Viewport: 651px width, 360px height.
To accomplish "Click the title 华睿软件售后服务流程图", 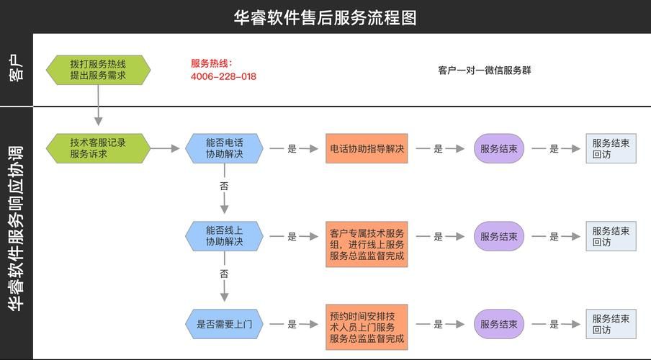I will (325, 17).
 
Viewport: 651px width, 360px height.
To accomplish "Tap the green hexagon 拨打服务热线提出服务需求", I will (98, 70).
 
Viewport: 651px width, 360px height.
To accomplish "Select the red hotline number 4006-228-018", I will (223, 76).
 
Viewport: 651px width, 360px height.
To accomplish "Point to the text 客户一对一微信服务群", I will (485, 71).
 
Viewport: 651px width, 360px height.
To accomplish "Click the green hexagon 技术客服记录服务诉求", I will (98, 148).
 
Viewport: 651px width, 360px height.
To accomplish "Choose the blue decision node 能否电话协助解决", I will (224, 148).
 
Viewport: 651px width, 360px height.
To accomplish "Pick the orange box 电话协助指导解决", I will (367, 148).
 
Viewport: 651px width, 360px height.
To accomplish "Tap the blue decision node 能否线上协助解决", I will (224, 236).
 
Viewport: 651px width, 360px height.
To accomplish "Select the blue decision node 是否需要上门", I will (224, 324).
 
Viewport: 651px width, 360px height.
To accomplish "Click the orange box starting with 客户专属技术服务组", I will (367, 244).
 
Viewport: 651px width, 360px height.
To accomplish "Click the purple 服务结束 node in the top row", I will (499, 148).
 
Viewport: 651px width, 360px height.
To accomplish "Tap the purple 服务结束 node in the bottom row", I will (499, 324).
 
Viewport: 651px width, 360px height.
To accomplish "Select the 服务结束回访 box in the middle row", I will (611, 237).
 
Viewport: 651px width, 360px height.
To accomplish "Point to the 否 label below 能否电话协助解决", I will (224, 186).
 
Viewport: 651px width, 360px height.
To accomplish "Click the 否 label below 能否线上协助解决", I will (224, 274).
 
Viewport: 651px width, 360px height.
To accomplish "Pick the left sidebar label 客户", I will (17, 70).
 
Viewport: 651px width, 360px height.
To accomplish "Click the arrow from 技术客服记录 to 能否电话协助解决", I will (166, 148).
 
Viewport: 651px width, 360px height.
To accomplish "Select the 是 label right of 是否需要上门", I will (292, 324).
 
